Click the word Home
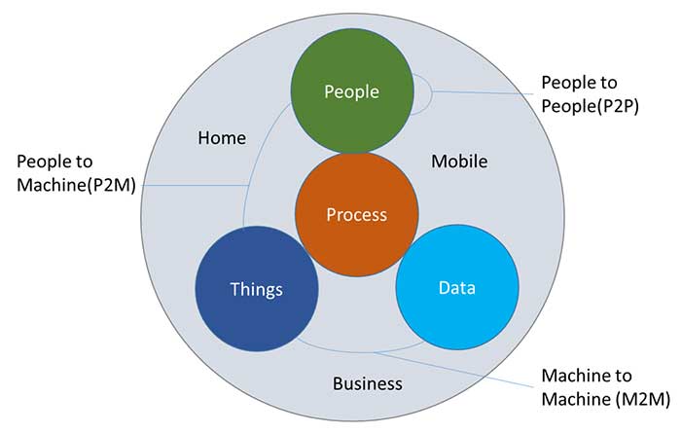222,138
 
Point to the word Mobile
459,161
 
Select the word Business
367,383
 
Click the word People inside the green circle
351,92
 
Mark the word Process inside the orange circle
356,216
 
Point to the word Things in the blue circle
257,290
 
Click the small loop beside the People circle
424,93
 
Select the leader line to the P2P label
486,93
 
